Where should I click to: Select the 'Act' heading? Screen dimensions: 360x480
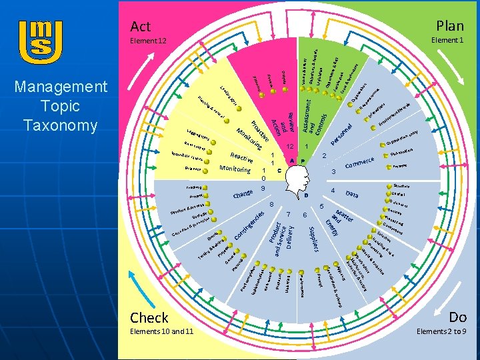[x=141, y=26]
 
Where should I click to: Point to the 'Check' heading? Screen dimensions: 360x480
[x=149, y=317]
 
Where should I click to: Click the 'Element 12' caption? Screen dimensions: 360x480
[x=149, y=41]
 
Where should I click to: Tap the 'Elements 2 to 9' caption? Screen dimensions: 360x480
[x=441, y=331]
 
